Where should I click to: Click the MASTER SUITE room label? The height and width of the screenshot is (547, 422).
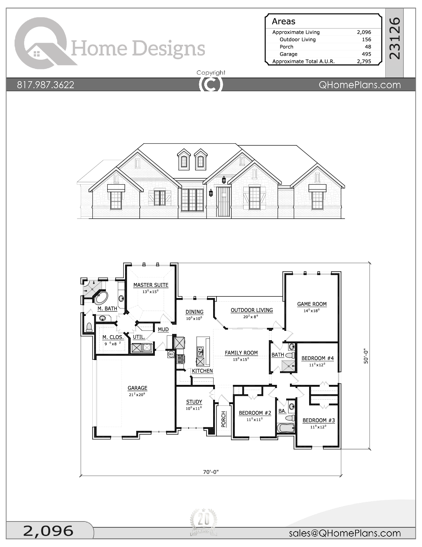(x=151, y=285)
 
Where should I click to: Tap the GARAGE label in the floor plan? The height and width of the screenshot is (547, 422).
(x=137, y=388)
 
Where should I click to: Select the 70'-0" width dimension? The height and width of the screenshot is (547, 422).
(x=211, y=472)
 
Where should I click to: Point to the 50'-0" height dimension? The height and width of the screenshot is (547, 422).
(x=366, y=356)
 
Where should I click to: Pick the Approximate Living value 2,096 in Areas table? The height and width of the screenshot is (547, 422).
(x=364, y=32)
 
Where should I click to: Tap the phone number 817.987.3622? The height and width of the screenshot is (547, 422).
(x=46, y=85)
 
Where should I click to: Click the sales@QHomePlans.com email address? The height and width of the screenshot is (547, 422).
(x=345, y=533)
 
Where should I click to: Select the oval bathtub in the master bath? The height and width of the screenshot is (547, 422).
(x=101, y=298)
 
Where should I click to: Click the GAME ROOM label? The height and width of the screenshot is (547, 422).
(x=312, y=304)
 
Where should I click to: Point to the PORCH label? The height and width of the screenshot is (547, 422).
(x=223, y=419)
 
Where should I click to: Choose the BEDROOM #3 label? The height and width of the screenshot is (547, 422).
(x=318, y=420)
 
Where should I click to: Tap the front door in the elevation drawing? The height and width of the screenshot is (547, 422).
(x=223, y=202)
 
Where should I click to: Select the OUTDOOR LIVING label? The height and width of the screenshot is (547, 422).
(x=252, y=310)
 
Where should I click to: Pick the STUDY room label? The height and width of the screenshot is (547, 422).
(x=194, y=402)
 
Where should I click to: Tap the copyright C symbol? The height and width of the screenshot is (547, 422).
(x=211, y=84)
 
